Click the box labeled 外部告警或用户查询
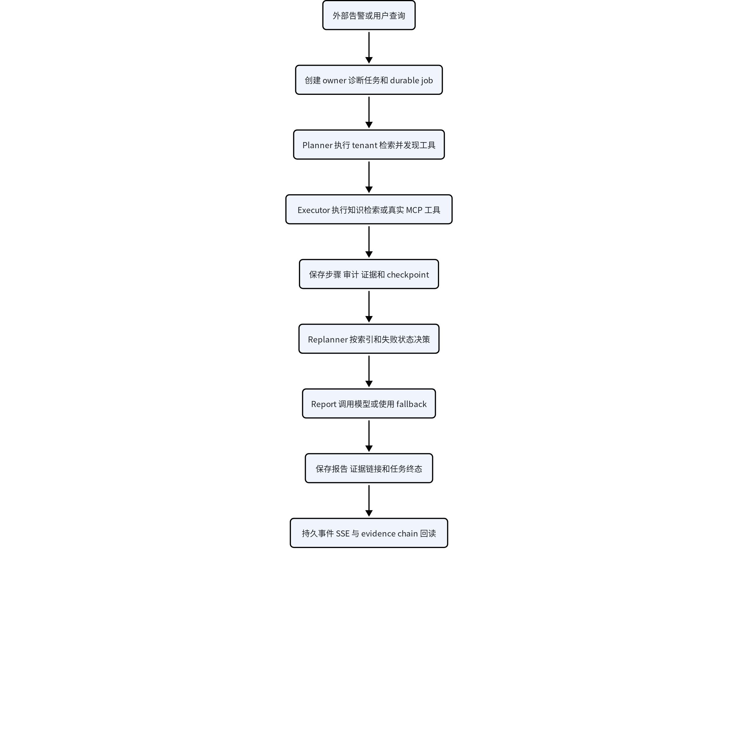[369, 15]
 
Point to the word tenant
[364, 146]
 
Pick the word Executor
[314, 210]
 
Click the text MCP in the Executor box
[414, 210]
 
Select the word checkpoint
[408, 275]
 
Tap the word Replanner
[328, 340]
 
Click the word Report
[323, 404]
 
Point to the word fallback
[411, 404]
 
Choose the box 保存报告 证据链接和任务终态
[369, 468]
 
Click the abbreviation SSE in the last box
[343, 534]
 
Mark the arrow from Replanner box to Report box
[369, 371]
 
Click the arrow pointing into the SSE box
[369, 501]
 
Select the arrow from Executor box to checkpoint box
[369, 242]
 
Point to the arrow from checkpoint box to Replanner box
[369, 306]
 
